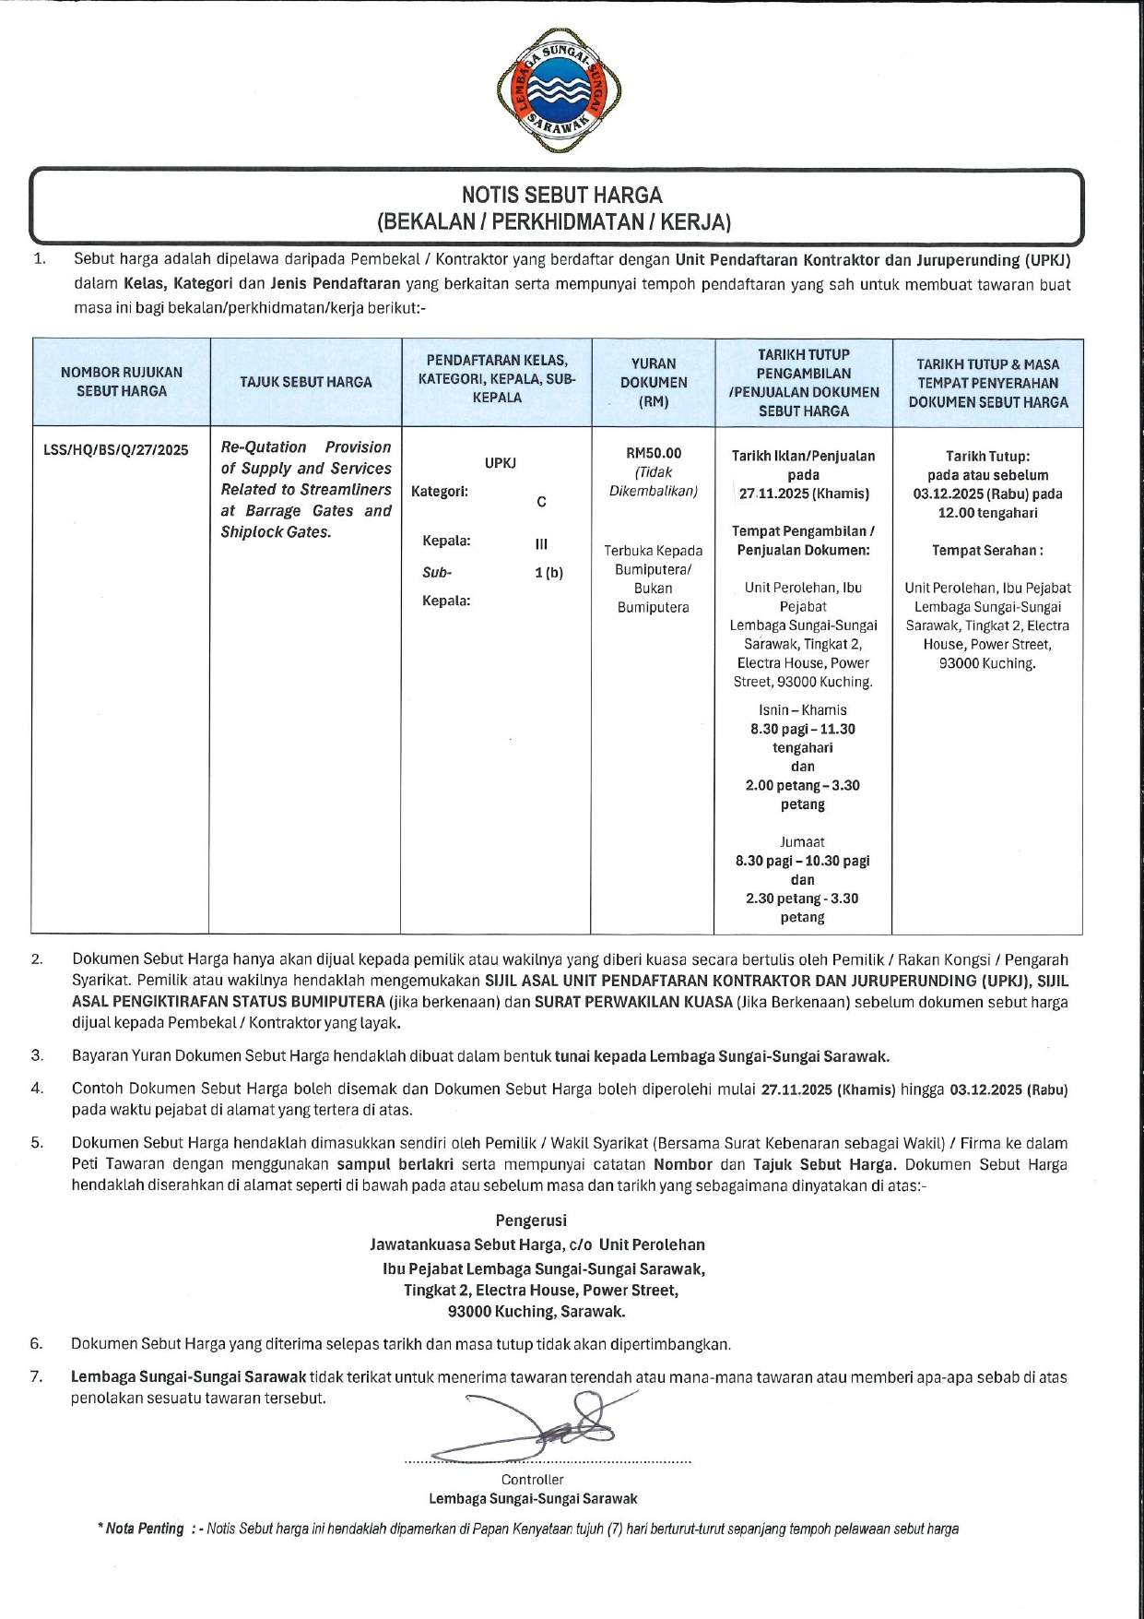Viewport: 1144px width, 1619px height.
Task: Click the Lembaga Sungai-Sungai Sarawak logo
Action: coord(559,89)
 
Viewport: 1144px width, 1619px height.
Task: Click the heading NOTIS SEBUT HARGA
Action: coord(561,195)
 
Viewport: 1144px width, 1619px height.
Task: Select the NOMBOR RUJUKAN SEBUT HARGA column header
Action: coord(122,382)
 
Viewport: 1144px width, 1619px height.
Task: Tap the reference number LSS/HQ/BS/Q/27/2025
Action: coord(116,450)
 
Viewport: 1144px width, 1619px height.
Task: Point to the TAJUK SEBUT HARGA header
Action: coord(306,382)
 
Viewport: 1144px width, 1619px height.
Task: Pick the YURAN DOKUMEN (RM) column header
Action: coord(654,382)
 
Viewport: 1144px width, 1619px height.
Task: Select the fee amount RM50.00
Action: coord(654,453)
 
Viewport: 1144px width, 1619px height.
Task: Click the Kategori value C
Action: coord(541,502)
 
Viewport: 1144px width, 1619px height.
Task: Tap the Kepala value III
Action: coord(541,544)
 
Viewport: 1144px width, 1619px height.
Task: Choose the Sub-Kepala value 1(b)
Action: coord(548,573)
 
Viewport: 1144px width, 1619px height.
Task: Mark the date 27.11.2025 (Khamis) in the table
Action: coord(804,494)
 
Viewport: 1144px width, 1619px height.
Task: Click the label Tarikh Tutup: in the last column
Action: coord(987,456)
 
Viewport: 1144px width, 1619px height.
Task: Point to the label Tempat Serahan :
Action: coord(987,551)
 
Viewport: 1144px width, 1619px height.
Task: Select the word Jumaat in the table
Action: coord(802,841)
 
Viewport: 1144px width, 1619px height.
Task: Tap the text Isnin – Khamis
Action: coord(802,710)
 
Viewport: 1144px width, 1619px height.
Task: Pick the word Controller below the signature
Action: coord(533,1480)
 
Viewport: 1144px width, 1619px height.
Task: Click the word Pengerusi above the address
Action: coord(531,1220)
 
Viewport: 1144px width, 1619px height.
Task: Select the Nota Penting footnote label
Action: coord(145,1529)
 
